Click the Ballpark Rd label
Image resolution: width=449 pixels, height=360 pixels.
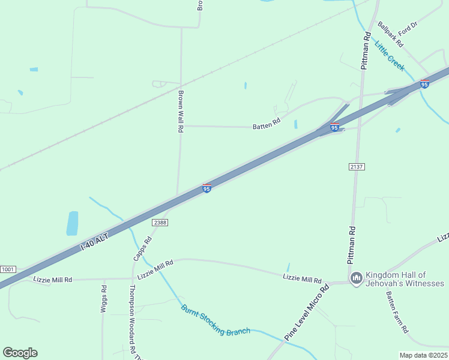click(390, 34)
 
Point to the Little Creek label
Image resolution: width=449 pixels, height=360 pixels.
click(390, 55)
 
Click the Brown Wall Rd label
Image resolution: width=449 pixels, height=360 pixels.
click(179, 112)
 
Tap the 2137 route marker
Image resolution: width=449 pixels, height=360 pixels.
click(357, 166)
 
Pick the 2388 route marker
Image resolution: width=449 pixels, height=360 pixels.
click(160, 222)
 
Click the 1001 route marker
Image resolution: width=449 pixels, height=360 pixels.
click(8, 269)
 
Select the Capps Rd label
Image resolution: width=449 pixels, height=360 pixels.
click(143, 248)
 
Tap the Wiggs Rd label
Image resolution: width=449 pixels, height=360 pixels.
click(104, 296)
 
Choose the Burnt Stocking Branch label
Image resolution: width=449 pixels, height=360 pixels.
click(215, 320)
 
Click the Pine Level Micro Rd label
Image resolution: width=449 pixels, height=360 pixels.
click(307, 313)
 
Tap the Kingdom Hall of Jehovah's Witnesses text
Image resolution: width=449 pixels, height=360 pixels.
click(405, 278)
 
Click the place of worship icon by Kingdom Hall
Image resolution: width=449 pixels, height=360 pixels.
click(356, 278)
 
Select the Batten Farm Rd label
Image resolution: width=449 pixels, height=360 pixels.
click(397, 313)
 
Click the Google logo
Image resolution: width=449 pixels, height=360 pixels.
click(20, 353)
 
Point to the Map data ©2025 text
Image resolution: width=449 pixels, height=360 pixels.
click(423, 355)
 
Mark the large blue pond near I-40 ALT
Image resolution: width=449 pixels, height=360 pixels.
click(73, 223)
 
